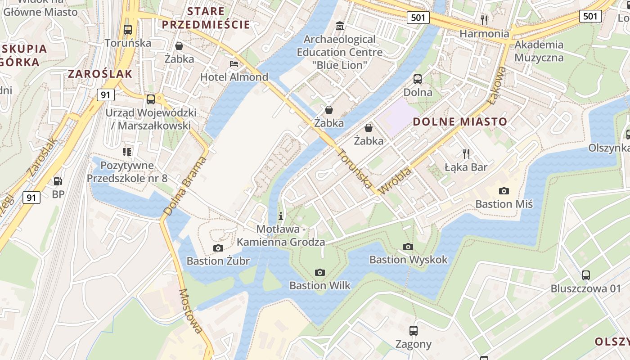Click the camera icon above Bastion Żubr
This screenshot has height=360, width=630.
(x=218, y=248)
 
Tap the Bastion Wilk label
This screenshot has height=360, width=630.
(x=319, y=285)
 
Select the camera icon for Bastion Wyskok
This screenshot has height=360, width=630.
(x=408, y=247)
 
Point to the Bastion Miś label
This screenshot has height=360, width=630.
(x=504, y=204)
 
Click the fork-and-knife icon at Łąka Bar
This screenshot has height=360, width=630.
(x=466, y=154)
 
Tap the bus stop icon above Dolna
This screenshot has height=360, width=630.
(x=418, y=79)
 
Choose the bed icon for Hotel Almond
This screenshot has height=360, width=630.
(x=234, y=63)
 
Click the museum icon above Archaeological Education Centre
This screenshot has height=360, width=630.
(x=340, y=26)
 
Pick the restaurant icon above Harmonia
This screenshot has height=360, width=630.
(x=484, y=20)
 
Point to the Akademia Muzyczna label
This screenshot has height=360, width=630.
(x=539, y=51)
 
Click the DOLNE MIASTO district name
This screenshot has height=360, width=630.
(x=460, y=121)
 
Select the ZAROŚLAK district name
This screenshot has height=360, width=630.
(x=100, y=74)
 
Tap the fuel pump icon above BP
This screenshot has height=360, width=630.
(x=58, y=181)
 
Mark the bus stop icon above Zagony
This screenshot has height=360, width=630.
(x=413, y=331)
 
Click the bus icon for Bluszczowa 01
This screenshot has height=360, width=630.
(x=585, y=275)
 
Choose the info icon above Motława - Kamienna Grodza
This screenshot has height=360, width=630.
(x=281, y=216)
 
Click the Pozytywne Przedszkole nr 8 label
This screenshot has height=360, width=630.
(x=127, y=172)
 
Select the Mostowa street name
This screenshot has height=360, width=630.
(x=190, y=311)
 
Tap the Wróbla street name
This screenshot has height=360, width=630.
(x=395, y=181)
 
